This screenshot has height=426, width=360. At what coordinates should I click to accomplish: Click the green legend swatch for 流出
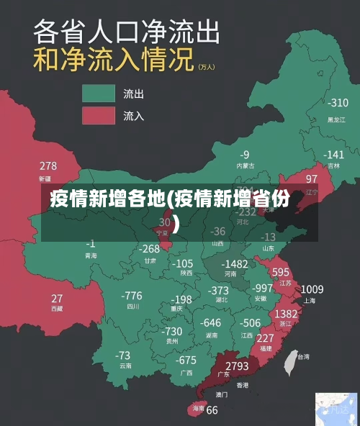[x=99, y=94]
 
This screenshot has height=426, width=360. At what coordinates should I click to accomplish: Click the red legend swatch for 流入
[x=99, y=115]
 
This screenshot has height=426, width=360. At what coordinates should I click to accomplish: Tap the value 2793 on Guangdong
[x=236, y=366]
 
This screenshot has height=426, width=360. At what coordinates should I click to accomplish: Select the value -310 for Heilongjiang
[x=337, y=103]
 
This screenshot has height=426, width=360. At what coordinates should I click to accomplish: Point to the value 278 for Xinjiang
[x=48, y=166]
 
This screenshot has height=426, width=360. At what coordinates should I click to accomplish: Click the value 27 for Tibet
[x=57, y=298]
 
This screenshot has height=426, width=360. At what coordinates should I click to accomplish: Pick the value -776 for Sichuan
[x=132, y=296]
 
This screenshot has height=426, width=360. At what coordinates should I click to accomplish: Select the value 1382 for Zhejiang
[x=287, y=314]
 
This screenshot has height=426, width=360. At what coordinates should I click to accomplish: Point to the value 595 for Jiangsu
[x=281, y=272]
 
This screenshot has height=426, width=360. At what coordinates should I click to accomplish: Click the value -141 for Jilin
[x=333, y=155]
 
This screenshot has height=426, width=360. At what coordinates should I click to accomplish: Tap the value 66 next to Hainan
[x=212, y=410]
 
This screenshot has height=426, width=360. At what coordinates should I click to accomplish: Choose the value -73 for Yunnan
[x=123, y=355]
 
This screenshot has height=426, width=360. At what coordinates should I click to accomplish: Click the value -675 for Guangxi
[x=186, y=360]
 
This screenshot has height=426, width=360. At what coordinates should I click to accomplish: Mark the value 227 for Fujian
[x=265, y=337]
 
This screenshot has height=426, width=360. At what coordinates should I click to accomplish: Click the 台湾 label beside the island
[x=304, y=356]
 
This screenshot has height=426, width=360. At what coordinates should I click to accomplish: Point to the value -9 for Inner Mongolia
[x=245, y=154]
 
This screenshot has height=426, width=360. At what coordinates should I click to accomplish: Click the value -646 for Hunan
[x=211, y=322]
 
